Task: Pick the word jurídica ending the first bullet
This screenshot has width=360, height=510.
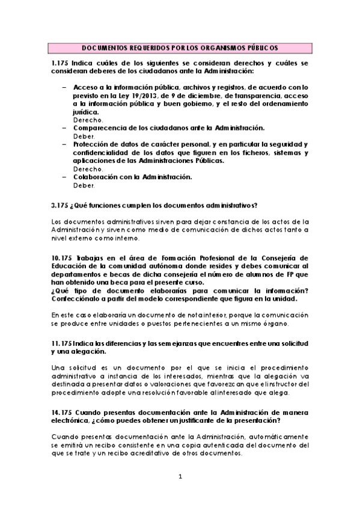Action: click(x=87, y=112)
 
